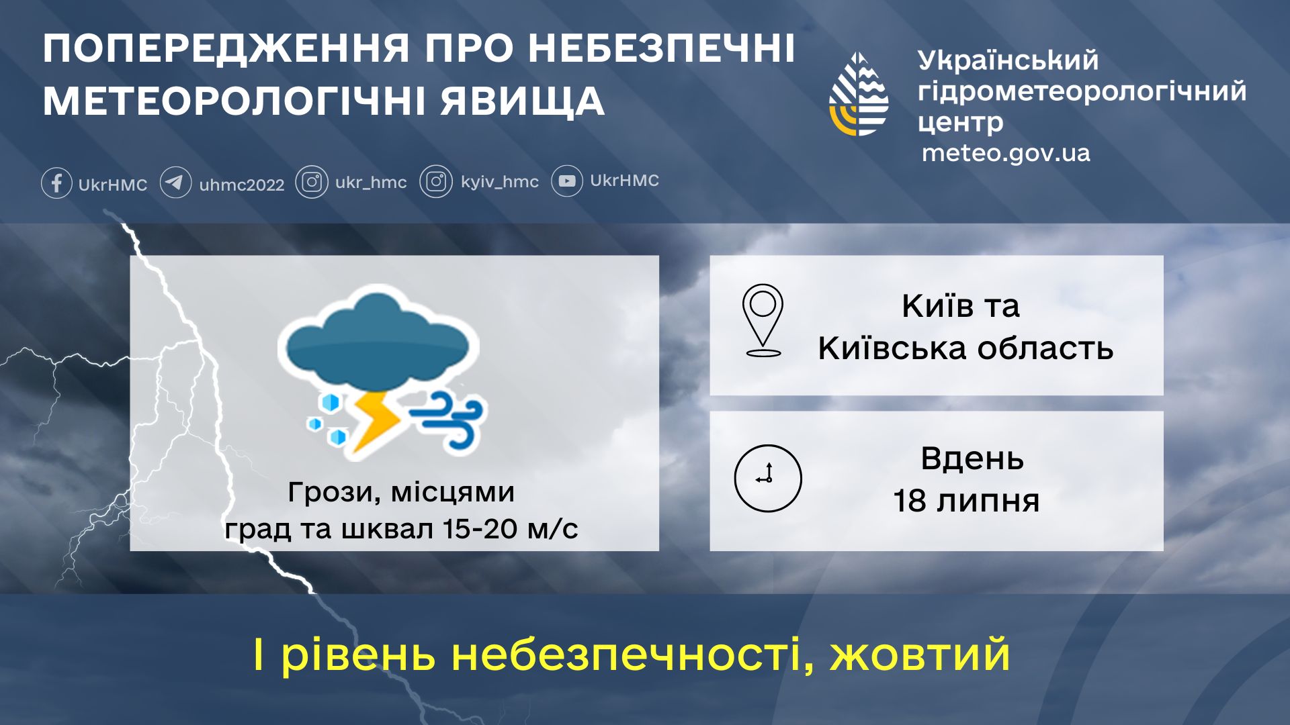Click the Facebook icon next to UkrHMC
tap(56, 183)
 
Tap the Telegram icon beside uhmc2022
tap(175, 183)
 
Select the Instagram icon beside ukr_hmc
tap(312, 182)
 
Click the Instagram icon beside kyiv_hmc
tap(436, 182)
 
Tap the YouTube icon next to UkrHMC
tap(567, 181)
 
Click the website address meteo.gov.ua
tap(1006, 154)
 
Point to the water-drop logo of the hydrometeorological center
tap(859, 94)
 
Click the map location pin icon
tap(763, 320)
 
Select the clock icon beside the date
tap(768, 479)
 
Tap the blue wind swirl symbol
tap(448, 420)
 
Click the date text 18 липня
tap(966, 501)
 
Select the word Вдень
tap(972, 459)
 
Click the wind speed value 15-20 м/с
tap(510, 529)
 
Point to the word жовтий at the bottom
tap(920, 655)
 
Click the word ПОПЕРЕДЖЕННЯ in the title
tap(226, 49)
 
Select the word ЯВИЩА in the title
tap(523, 102)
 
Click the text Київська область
tap(965, 348)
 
